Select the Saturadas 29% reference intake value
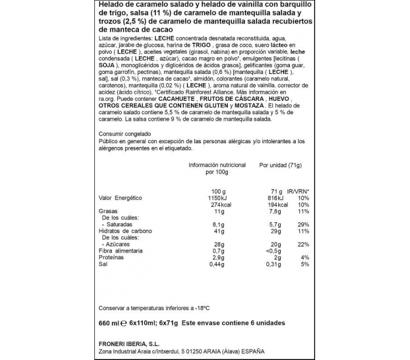(x=303, y=225)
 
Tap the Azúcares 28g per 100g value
(x=219, y=244)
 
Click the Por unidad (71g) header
(x=280, y=165)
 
